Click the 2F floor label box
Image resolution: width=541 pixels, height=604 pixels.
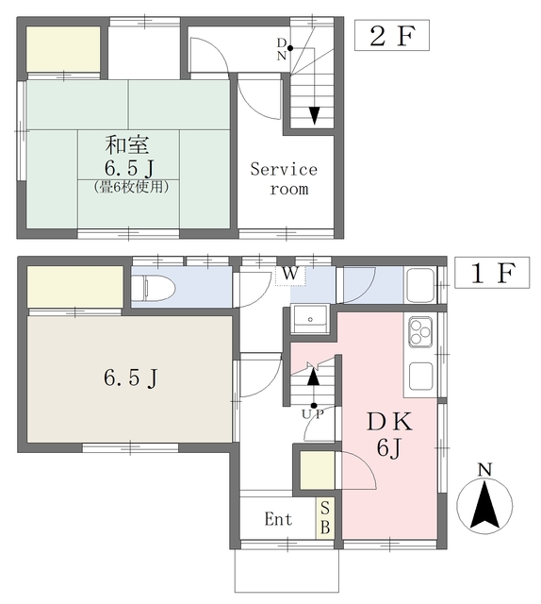point(392,36)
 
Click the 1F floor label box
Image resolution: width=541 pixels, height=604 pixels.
point(492,273)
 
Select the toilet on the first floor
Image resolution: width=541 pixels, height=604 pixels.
point(153,287)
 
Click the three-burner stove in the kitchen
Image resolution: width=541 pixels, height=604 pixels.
point(420,332)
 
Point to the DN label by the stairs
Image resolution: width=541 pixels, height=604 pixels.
point(282,49)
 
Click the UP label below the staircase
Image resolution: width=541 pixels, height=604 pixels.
point(313,414)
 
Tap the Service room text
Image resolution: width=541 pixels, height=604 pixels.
point(284,179)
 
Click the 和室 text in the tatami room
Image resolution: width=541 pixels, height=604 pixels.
point(126,144)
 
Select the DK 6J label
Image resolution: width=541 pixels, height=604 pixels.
point(389,435)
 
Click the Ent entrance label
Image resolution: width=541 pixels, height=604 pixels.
point(278,518)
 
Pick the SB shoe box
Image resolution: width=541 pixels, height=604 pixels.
point(325,518)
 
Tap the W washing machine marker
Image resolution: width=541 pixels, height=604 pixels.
point(290,274)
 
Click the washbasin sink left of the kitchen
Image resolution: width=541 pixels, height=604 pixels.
point(310,319)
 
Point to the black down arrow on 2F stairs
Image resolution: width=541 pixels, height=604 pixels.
point(315,115)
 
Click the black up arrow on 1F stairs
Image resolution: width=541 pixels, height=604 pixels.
point(314,377)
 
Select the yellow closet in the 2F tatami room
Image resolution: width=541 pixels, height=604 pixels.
point(63,49)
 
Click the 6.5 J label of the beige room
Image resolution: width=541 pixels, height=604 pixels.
point(130,377)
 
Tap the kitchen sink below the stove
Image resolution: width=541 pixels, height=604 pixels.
point(420,376)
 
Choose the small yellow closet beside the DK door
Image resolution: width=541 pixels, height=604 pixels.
point(317,470)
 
